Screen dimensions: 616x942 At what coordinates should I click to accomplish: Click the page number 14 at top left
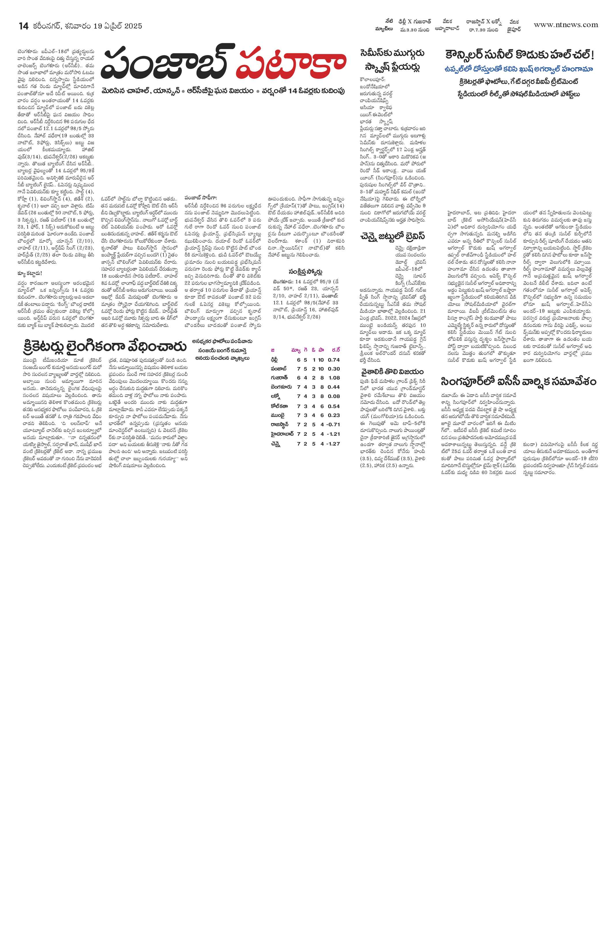click(24, 26)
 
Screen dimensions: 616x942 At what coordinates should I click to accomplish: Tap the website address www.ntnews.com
click(566, 25)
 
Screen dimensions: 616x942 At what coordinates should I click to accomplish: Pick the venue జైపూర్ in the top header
click(514, 29)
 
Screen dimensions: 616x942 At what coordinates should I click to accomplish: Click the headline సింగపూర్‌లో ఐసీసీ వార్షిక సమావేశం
click(518, 381)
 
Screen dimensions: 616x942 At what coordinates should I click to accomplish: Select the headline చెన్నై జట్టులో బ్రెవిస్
click(392, 236)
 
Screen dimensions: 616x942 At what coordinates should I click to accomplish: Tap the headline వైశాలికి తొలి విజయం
click(392, 372)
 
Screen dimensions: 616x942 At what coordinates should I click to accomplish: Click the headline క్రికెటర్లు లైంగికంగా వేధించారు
click(104, 346)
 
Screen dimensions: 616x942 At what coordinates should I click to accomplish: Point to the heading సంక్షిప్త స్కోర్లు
click(305, 271)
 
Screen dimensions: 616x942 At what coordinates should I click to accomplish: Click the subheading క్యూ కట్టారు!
click(30, 274)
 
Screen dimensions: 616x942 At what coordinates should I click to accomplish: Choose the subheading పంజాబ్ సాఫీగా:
click(201, 198)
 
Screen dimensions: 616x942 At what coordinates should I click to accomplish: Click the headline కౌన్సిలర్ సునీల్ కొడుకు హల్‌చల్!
click(519, 55)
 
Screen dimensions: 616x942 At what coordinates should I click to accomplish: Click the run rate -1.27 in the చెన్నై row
click(333, 444)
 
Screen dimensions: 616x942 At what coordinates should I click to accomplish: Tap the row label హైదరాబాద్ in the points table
click(282, 434)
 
